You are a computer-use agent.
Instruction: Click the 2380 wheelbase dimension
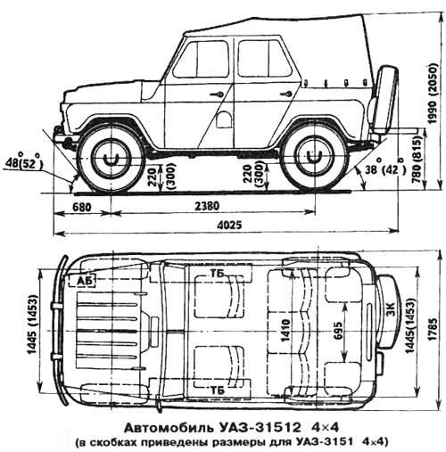(x=207, y=206)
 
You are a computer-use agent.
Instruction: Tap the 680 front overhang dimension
(x=82, y=207)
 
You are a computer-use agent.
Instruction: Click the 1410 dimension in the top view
(x=285, y=331)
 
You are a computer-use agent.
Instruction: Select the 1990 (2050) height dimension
(x=433, y=93)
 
